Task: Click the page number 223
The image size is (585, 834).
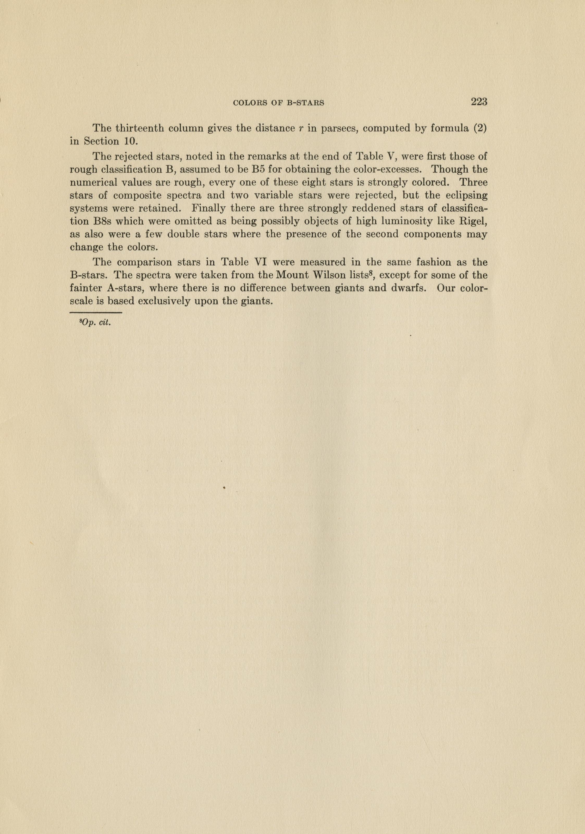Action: click(479, 102)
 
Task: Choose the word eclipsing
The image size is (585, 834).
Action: click(466, 196)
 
